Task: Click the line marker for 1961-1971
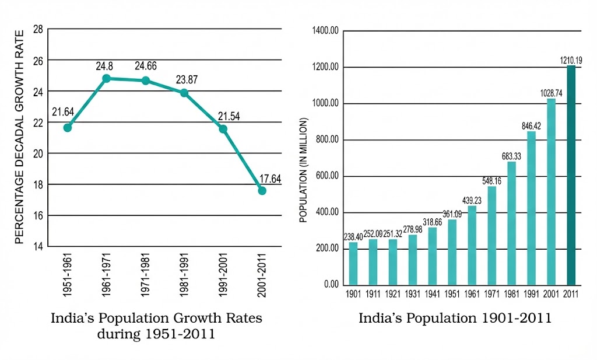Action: (x=106, y=78)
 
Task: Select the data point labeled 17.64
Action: (x=262, y=191)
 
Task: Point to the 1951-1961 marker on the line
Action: (x=68, y=127)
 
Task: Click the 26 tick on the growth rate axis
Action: (x=38, y=60)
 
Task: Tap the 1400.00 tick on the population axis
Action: (x=326, y=31)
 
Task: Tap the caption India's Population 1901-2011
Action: (x=455, y=319)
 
